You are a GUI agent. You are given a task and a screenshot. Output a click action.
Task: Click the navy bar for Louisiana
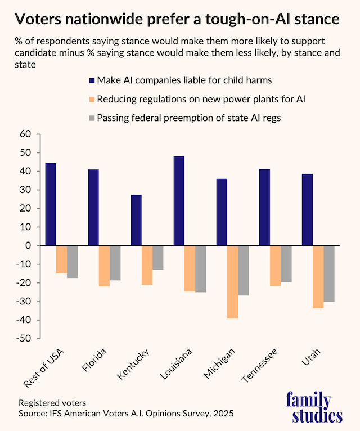coord(179,201)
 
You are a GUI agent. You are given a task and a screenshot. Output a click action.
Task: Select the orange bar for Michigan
coord(232,282)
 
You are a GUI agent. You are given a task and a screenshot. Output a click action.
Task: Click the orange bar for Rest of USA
coord(61,259)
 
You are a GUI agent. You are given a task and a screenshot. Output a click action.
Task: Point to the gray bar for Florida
coord(115,263)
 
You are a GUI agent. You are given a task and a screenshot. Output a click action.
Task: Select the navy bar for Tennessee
coord(264,208)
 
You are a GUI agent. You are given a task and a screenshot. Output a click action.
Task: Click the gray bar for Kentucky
coord(158,258)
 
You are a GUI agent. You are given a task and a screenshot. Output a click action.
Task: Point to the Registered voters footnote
coord(48,403)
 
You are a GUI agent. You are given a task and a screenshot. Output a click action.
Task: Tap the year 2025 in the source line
coord(222,414)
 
